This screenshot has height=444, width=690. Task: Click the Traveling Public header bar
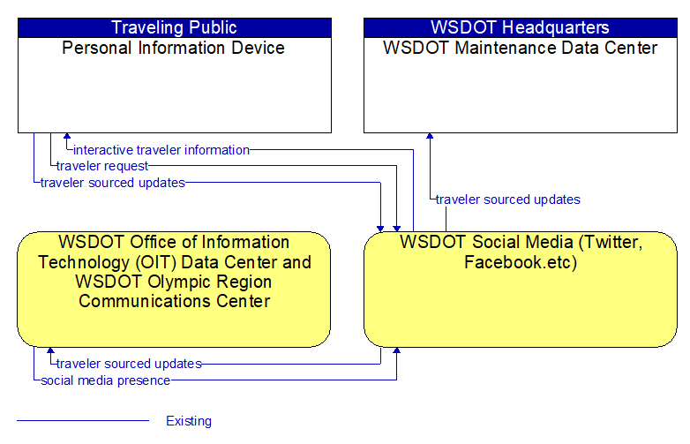175,27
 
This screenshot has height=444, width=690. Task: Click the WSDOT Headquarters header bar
521,27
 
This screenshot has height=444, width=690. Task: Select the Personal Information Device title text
173,48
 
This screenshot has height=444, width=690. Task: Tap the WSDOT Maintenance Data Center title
520,48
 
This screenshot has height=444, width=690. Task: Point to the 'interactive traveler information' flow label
161,150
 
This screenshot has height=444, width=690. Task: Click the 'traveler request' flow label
102,166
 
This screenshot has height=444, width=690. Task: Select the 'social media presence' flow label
106,380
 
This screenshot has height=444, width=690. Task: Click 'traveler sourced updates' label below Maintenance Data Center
508,199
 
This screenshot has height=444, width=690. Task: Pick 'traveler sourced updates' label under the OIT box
129,364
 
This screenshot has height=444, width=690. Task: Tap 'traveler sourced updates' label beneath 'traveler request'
113,183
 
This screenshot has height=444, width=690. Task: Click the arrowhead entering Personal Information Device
67,137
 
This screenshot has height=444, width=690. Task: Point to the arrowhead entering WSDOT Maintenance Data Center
430,137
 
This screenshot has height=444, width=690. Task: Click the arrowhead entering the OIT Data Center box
50,350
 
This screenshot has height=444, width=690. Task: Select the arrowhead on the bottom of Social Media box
396,350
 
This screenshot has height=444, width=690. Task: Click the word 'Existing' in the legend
189,421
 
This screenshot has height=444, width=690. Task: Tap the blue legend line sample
83,421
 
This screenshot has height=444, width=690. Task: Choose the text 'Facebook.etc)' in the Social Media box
521,262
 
